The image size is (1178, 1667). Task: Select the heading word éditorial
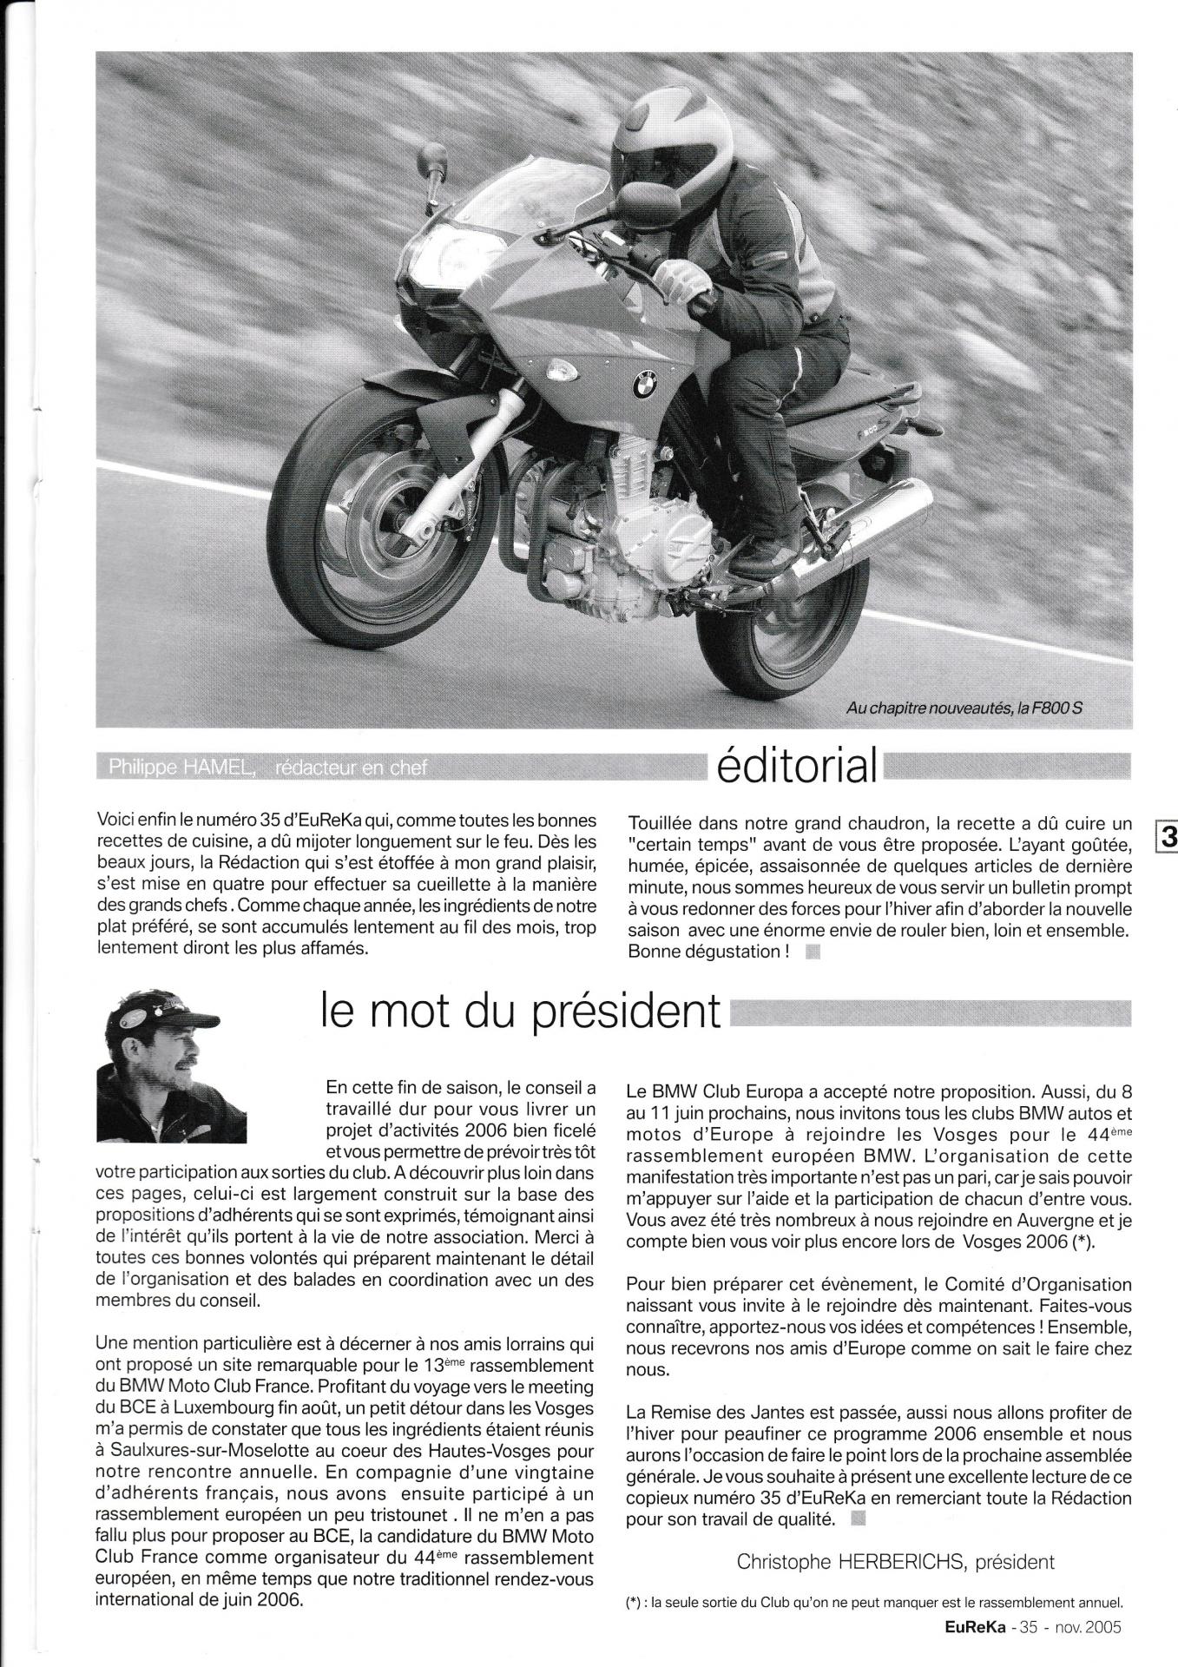794,764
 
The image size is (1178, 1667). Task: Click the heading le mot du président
521,1010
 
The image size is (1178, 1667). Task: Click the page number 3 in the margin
1166,837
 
